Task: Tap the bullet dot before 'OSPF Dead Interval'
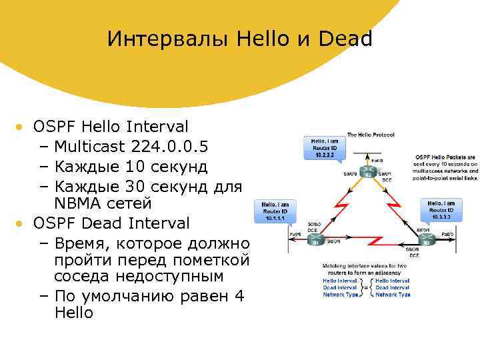tap(21, 223)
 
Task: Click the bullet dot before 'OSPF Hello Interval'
tap(21, 126)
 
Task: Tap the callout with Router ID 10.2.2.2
tap(325, 148)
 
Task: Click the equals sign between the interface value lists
tap(365, 287)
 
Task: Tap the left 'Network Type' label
tap(339, 294)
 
